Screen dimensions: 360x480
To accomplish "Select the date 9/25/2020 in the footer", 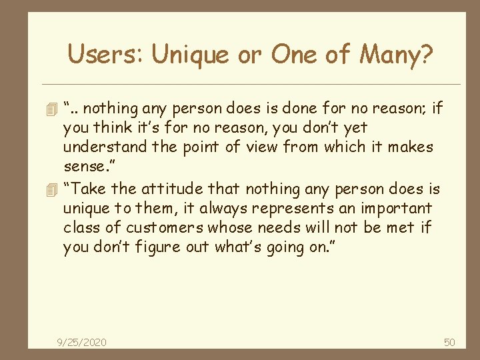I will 82,342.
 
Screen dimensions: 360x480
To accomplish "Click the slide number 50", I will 449,342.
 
